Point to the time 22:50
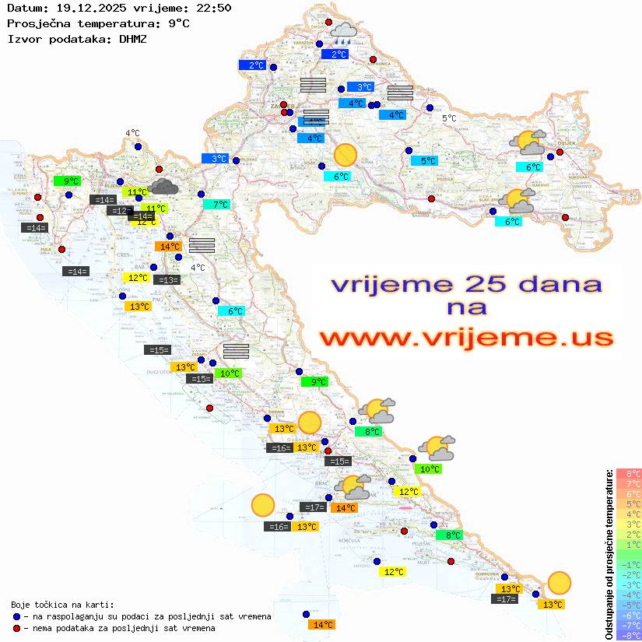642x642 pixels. click(214, 9)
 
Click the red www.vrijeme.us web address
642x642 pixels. click(466, 338)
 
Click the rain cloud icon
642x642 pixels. click(343, 32)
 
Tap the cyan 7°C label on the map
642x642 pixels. click(216, 205)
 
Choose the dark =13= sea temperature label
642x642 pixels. click(167, 280)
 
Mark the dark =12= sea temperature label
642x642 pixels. click(119, 211)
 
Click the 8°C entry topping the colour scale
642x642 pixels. click(629, 473)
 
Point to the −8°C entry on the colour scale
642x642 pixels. click(629, 636)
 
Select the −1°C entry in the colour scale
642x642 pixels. click(629, 564)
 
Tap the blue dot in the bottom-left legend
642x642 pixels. click(16, 616)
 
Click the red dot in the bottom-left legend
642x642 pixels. click(16, 628)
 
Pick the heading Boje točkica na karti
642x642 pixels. click(62, 605)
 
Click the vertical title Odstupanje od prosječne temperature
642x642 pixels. click(609, 553)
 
